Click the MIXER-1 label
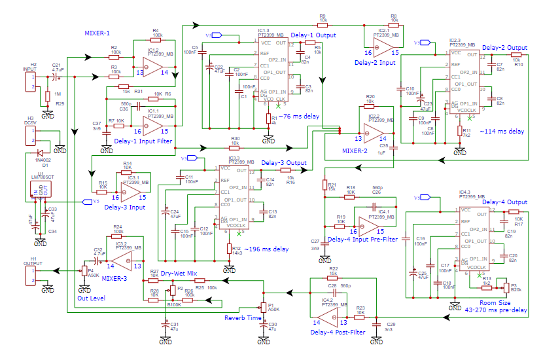point(97,33)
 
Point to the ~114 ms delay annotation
point(502,132)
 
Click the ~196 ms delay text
point(266,249)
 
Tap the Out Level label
point(91,298)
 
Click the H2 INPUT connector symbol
point(29,81)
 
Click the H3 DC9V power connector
point(29,136)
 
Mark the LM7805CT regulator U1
point(39,190)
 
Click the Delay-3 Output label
point(284,163)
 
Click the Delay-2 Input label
point(377,62)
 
